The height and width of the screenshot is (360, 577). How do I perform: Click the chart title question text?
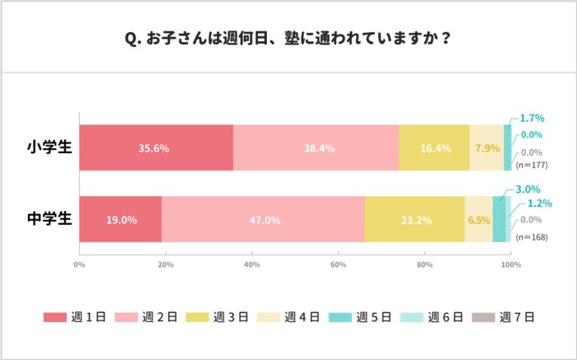point(288,38)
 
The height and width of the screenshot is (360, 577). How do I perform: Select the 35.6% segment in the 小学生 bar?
point(156,148)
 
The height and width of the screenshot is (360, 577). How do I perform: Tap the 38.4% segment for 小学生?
point(316,148)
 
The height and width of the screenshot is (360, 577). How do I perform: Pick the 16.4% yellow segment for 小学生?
point(434,148)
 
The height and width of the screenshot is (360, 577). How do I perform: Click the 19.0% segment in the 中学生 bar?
point(120,220)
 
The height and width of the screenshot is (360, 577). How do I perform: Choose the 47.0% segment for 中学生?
point(263,220)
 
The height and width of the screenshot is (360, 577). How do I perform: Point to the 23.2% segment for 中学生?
point(414,220)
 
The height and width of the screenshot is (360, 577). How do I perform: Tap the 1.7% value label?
point(531,119)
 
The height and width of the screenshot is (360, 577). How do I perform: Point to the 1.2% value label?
point(540,203)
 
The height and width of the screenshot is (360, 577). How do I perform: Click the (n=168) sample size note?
point(531,236)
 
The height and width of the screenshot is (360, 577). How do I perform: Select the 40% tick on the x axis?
point(252,264)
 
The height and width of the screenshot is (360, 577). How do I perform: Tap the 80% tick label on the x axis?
point(425,264)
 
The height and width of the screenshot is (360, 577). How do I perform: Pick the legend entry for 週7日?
point(502,317)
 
